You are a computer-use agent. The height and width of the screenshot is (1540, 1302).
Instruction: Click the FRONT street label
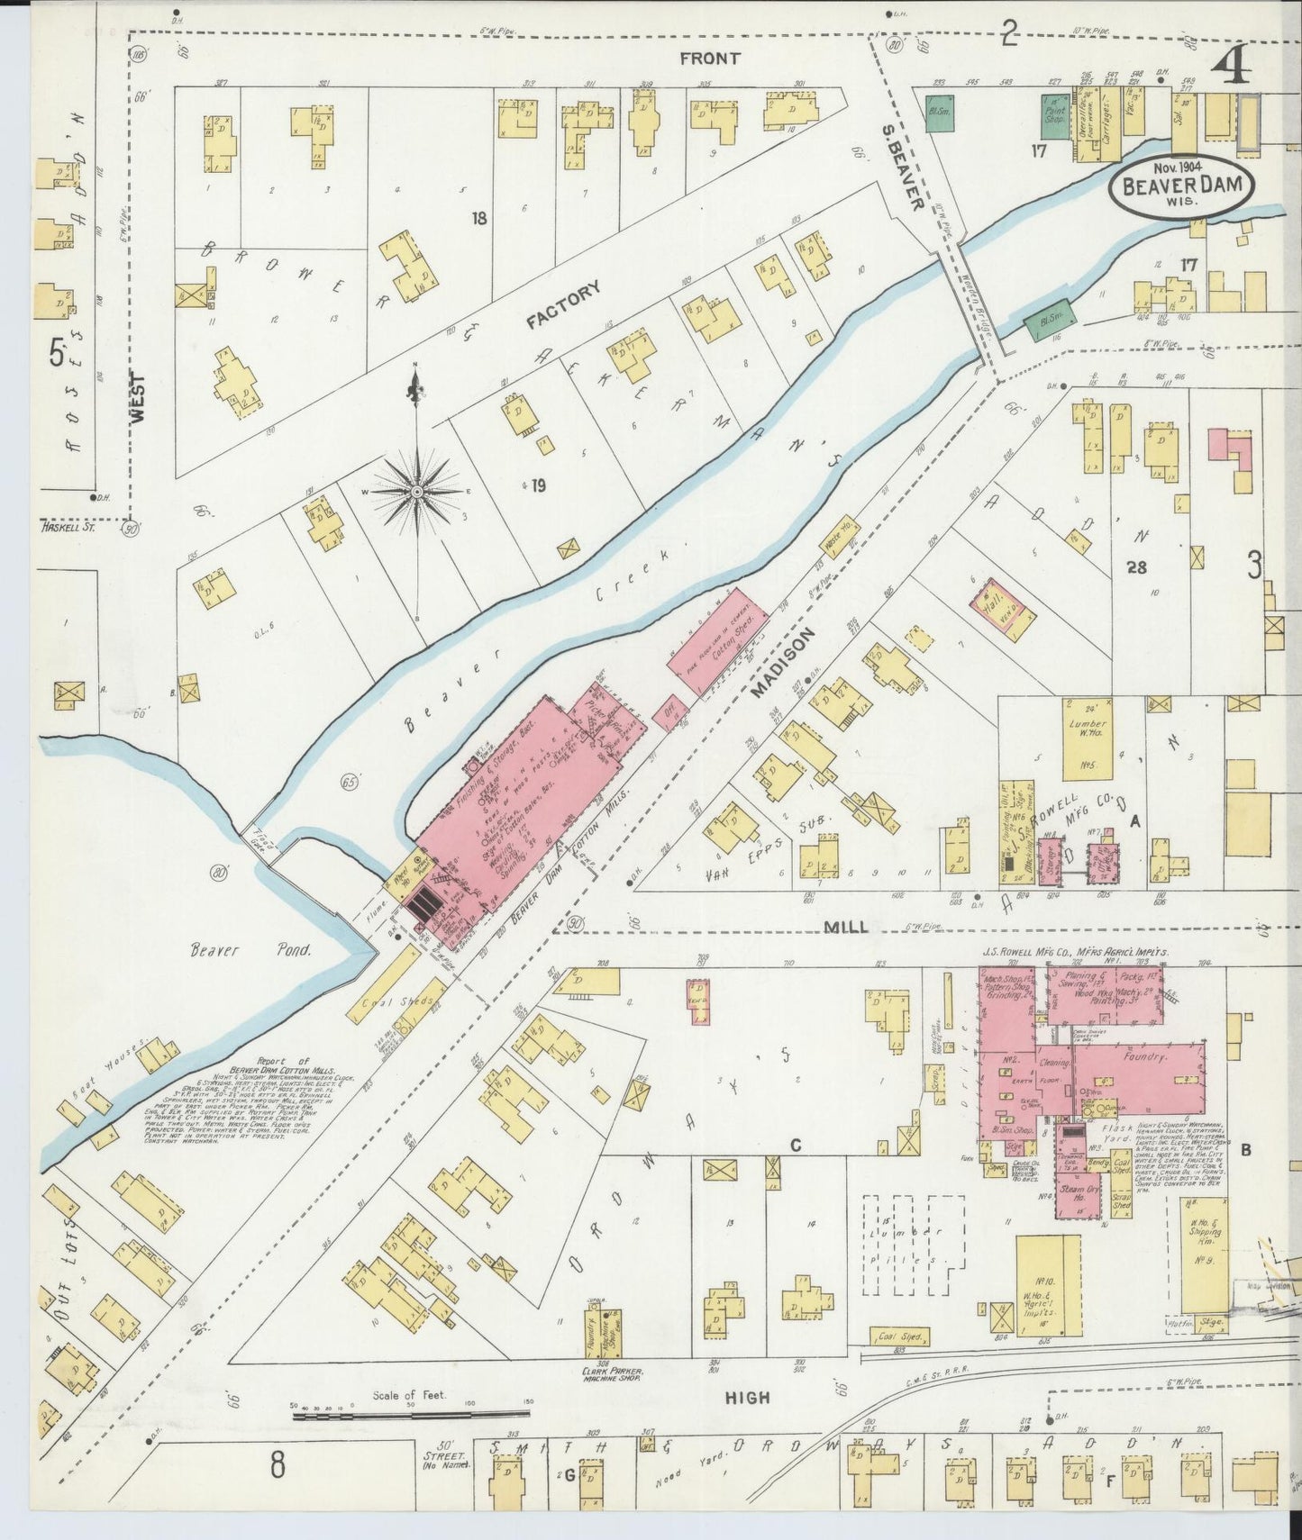pos(710,59)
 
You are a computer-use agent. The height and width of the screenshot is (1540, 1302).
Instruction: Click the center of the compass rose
pos(417,493)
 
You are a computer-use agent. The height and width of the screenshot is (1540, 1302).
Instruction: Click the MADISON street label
pos(783,663)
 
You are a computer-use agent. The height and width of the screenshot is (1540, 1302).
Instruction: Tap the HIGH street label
pos(747,1398)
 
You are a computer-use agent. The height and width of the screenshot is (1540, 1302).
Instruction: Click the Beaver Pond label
pos(250,949)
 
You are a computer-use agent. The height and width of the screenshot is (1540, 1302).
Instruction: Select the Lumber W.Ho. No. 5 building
pos(1081,737)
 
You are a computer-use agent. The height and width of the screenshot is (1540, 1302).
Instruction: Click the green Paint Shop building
pos(1052,111)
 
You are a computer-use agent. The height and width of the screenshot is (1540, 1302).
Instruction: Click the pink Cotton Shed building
pos(718,641)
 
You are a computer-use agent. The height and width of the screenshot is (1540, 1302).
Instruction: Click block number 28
pos(1134,566)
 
